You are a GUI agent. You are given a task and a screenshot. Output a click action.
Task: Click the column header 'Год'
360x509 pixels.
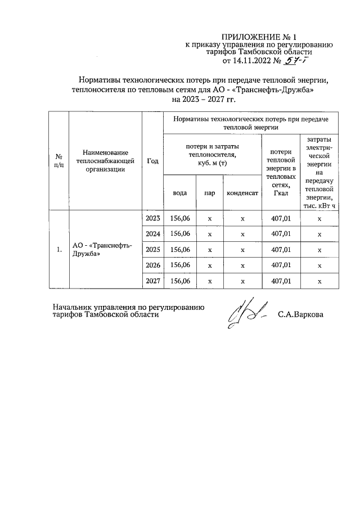[x=152, y=160]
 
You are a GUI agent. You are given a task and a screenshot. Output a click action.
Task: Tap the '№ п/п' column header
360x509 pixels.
[x=58, y=160]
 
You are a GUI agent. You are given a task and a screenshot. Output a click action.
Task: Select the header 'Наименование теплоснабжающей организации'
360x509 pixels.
[x=105, y=160]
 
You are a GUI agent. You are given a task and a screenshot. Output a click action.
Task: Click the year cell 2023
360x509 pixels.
[x=152, y=218]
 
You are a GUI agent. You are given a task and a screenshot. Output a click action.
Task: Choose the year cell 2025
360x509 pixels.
[x=152, y=249]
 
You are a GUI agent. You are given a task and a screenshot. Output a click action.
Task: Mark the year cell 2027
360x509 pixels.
[x=152, y=281]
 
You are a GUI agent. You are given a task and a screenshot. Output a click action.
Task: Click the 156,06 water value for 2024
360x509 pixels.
[x=180, y=234]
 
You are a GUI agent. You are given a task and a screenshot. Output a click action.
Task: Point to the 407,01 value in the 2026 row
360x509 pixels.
[x=280, y=265]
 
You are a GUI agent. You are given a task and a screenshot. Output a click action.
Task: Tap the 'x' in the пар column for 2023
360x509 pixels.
[x=209, y=219]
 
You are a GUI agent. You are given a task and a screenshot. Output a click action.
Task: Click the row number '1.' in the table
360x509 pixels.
[x=58, y=249]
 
